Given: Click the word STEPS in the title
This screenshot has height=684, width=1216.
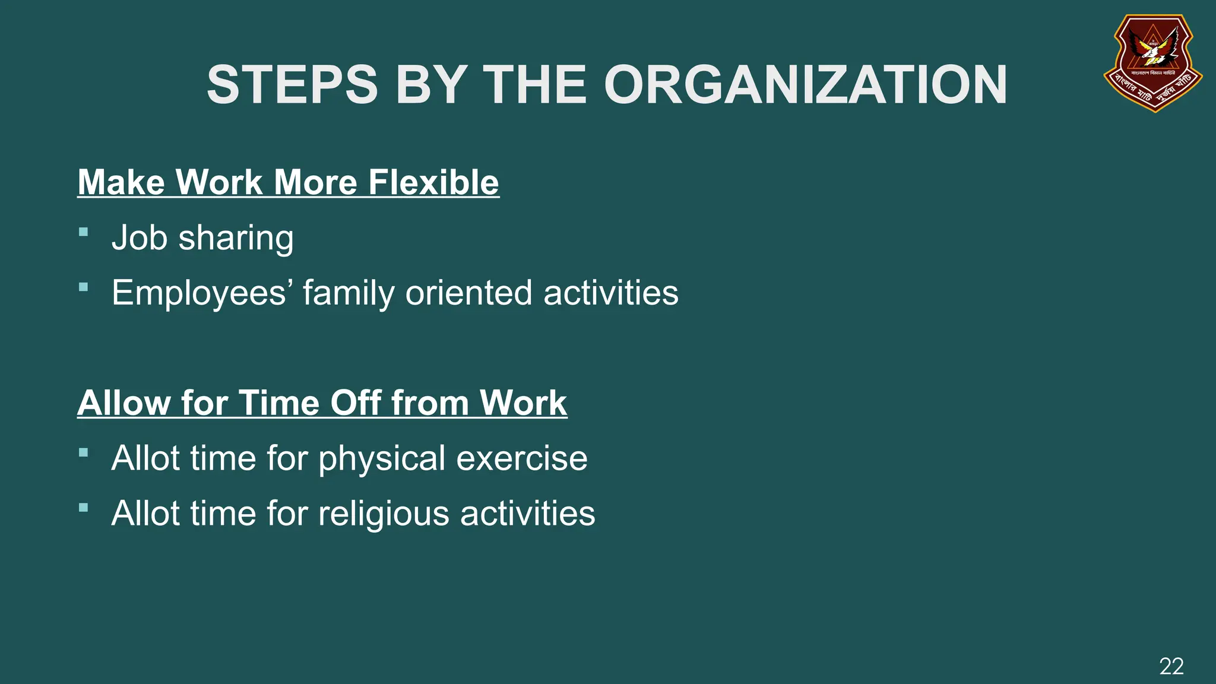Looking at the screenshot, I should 292,85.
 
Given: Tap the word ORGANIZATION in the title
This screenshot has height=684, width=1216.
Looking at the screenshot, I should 805,85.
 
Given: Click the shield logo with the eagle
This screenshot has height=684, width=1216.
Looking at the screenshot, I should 1152,62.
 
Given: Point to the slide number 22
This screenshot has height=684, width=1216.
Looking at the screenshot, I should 1171,666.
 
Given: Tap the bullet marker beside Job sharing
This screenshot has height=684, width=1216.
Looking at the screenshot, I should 84,232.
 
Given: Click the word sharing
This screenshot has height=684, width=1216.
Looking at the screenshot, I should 236,239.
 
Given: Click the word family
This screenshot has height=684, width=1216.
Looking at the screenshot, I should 349,293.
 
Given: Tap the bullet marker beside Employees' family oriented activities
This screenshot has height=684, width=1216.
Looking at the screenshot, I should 84,287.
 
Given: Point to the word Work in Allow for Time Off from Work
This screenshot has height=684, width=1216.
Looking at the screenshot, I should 523,403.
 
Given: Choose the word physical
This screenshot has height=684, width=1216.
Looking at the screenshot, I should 382,459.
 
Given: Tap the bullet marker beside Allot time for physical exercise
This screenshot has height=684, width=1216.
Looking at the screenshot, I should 84,453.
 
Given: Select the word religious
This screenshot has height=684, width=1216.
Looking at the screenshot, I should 384,514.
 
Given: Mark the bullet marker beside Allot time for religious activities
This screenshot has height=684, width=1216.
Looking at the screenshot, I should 84,508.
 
